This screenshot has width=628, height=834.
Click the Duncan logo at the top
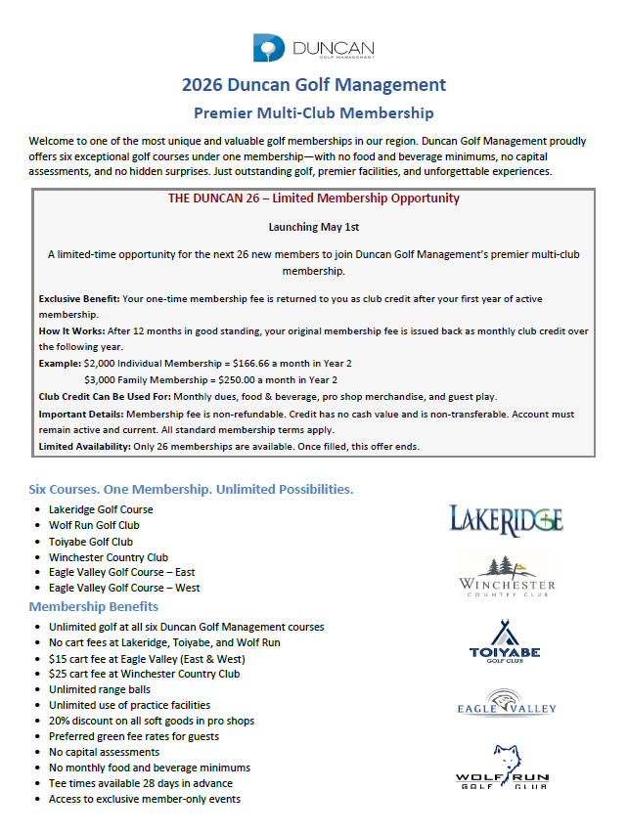click(313, 47)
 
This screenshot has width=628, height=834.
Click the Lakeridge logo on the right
click(505, 518)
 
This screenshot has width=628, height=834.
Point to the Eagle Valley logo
click(507, 704)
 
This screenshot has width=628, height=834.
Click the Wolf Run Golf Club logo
click(502, 767)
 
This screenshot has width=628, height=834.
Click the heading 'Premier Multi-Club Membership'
click(313, 113)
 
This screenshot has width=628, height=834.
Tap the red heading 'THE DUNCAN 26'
click(313, 198)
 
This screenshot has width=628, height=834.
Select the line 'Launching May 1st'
click(313, 227)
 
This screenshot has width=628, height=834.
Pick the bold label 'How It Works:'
click(71, 332)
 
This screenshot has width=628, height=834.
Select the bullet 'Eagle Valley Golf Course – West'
click(124, 589)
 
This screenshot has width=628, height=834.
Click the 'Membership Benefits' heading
click(94, 607)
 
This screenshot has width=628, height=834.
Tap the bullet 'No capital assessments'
click(104, 752)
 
